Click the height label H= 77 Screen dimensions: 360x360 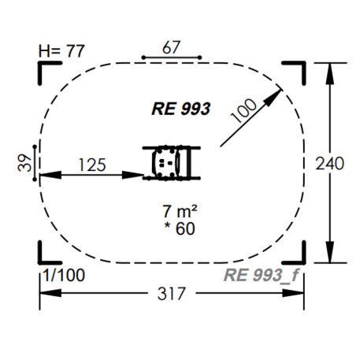61,50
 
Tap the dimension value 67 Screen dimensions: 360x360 171,47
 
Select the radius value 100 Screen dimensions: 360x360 243,110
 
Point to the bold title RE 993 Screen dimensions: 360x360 181,109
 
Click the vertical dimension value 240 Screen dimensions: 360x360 329,163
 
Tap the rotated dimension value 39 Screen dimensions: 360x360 24,163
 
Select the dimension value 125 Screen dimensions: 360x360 92,165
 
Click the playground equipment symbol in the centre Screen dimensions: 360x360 172,163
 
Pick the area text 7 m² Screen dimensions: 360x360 180,211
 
